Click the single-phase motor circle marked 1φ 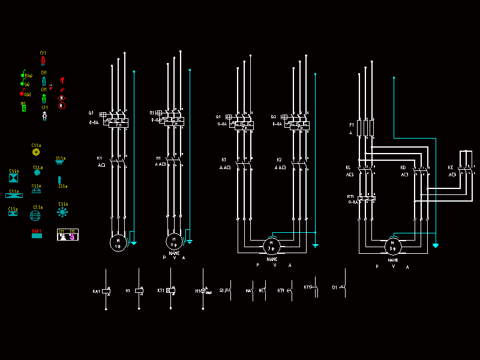[118, 242]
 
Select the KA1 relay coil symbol [106, 290]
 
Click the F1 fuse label [352, 125]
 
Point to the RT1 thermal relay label [350, 196]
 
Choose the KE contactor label [451, 167]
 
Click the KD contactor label [403, 167]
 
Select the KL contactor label [348, 167]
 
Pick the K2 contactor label [279, 160]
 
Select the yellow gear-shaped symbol [36, 152]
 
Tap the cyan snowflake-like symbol [62, 212]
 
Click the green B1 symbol [23, 106]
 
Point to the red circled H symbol [61, 105]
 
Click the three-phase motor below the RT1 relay [393, 246]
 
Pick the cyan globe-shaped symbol [36, 214]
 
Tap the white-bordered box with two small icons [67, 235]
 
